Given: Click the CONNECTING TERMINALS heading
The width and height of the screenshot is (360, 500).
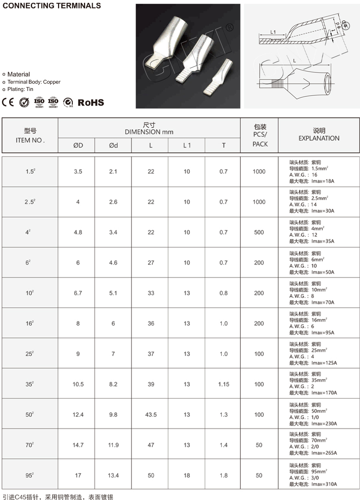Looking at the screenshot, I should (x=52, y=6).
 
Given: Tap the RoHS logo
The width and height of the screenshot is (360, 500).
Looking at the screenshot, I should (x=90, y=102).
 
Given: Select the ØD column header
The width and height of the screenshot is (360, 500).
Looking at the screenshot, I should (x=78, y=145).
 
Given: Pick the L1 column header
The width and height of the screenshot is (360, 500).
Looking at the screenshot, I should (x=187, y=145).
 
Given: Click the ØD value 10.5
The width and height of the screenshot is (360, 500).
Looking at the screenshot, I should (x=78, y=384).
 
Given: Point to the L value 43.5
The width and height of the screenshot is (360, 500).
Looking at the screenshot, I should (x=151, y=414).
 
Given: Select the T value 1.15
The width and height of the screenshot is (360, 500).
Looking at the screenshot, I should (x=224, y=384).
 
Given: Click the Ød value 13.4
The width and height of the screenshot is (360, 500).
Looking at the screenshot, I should (x=113, y=475).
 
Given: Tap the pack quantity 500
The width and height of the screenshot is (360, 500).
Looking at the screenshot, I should (x=259, y=232).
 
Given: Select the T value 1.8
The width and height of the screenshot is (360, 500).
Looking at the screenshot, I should (x=224, y=475).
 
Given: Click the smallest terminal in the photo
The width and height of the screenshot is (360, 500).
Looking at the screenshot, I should (x=219, y=78).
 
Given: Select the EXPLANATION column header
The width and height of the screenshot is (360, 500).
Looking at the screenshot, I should (x=319, y=138).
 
